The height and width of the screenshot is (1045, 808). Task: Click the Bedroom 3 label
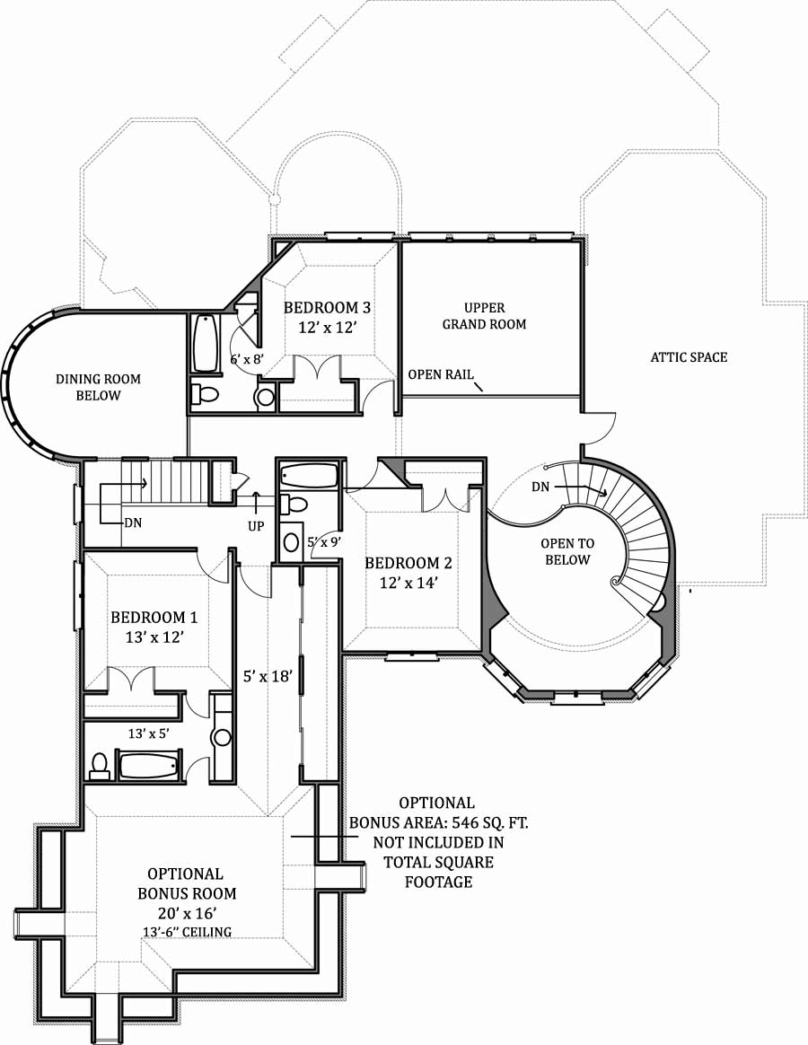click(327, 308)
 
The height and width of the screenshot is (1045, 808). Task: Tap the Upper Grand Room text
click(484, 316)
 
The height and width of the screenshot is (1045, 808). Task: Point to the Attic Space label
click(689, 357)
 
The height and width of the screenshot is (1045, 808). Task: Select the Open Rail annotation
click(441, 375)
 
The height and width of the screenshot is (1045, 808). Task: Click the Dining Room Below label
click(99, 387)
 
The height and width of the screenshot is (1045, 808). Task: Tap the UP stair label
click(256, 526)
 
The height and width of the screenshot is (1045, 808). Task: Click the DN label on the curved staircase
click(541, 487)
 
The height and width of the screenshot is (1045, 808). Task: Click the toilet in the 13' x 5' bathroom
click(100, 766)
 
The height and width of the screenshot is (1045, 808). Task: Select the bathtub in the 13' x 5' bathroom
click(149, 767)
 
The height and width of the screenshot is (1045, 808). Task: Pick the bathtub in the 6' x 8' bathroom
click(206, 342)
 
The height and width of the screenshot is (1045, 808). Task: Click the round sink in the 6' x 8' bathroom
click(266, 396)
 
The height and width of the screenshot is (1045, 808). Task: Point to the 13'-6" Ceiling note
click(187, 932)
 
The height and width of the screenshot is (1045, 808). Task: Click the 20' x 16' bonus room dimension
click(186, 913)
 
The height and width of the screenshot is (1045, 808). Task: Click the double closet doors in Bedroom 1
click(132, 680)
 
